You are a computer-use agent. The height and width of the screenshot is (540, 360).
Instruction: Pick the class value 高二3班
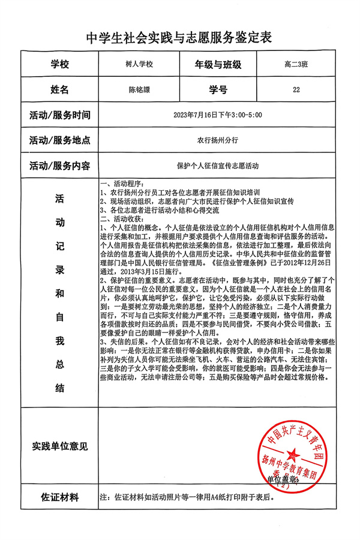[296, 65]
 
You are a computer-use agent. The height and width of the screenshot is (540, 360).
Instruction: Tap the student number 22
[296, 91]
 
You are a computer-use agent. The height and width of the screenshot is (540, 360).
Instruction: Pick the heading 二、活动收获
[122, 220]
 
